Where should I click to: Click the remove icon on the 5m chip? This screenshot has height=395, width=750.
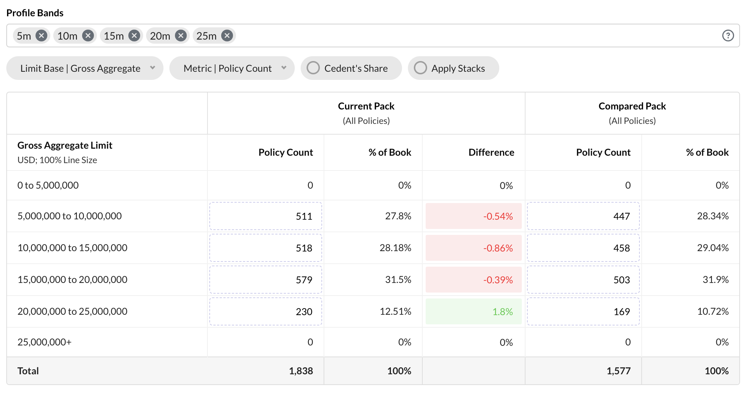coord(41,36)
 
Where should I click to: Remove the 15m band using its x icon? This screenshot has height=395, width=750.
coord(134,36)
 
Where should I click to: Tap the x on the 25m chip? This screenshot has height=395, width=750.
coord(227,36)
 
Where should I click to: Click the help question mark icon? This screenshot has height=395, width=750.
coord(728,36)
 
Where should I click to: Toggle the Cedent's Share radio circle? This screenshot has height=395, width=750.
coord(313,68)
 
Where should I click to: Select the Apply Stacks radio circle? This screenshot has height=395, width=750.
coord(420,68)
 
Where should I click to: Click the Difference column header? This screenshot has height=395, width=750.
coord(491,152)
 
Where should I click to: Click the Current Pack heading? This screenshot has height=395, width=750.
coord(366,106)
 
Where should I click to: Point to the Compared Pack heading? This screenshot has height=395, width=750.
coord(632,106)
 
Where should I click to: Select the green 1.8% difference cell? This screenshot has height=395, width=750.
coord(473,312)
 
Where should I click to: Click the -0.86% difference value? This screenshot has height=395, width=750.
coord(498,248)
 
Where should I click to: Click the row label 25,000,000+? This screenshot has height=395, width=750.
coord(44,342)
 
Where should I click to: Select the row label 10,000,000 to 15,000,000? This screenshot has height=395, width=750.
coord(72,248)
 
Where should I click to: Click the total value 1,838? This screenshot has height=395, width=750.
coord(301,371)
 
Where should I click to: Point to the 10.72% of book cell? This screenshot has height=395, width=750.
coord(713,311)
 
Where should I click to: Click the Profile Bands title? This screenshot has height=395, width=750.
coord(35,13)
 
